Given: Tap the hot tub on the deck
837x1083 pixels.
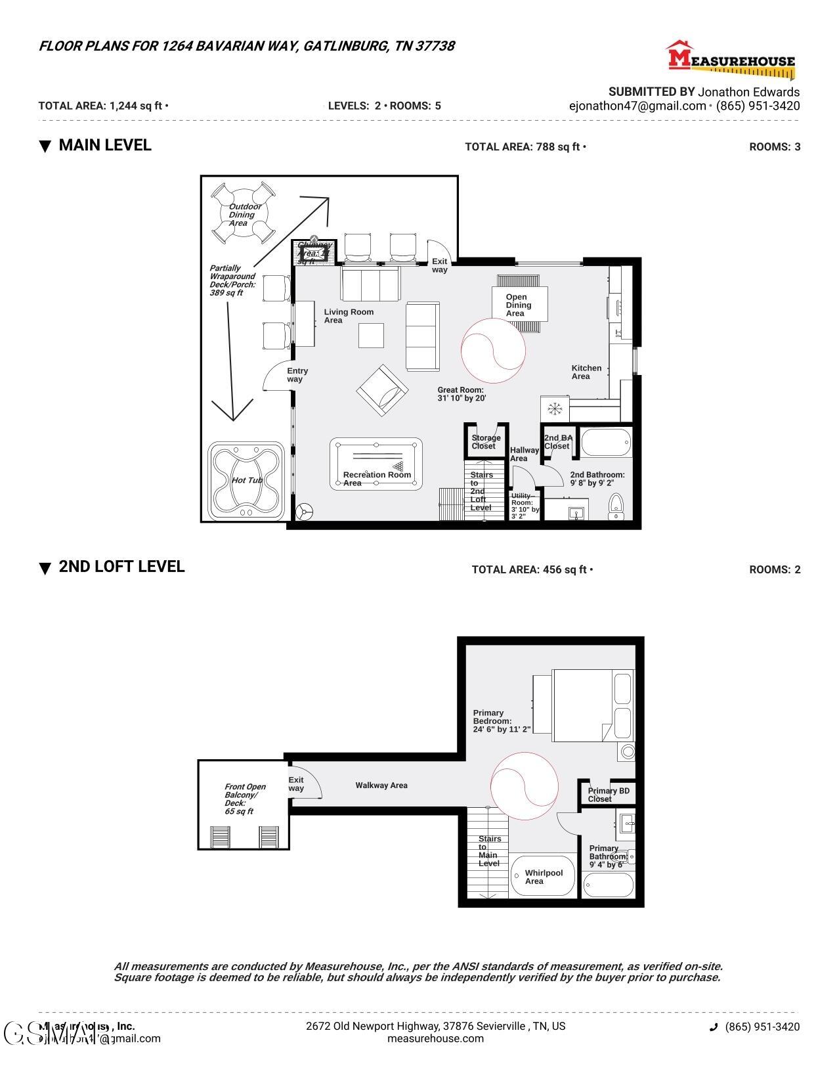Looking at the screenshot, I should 246,481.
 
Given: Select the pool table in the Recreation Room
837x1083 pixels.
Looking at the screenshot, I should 377,464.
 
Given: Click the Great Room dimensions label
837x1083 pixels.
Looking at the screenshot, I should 461,394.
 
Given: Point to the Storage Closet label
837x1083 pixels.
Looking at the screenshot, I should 486,442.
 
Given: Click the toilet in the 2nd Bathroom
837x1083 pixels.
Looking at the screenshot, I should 616,505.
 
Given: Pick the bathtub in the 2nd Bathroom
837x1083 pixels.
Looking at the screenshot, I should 606,442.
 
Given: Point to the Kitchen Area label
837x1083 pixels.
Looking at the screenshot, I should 586,372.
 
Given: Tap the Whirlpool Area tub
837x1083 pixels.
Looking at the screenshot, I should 543,876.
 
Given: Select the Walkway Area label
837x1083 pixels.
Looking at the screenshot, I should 381,785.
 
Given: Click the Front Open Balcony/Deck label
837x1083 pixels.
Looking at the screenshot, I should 245,799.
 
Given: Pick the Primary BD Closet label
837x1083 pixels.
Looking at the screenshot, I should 608,795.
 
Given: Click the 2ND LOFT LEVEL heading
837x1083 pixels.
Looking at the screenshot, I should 121,567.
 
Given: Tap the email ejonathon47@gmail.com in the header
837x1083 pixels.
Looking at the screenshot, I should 637,106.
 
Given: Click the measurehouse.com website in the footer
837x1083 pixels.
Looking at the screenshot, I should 435,1038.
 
